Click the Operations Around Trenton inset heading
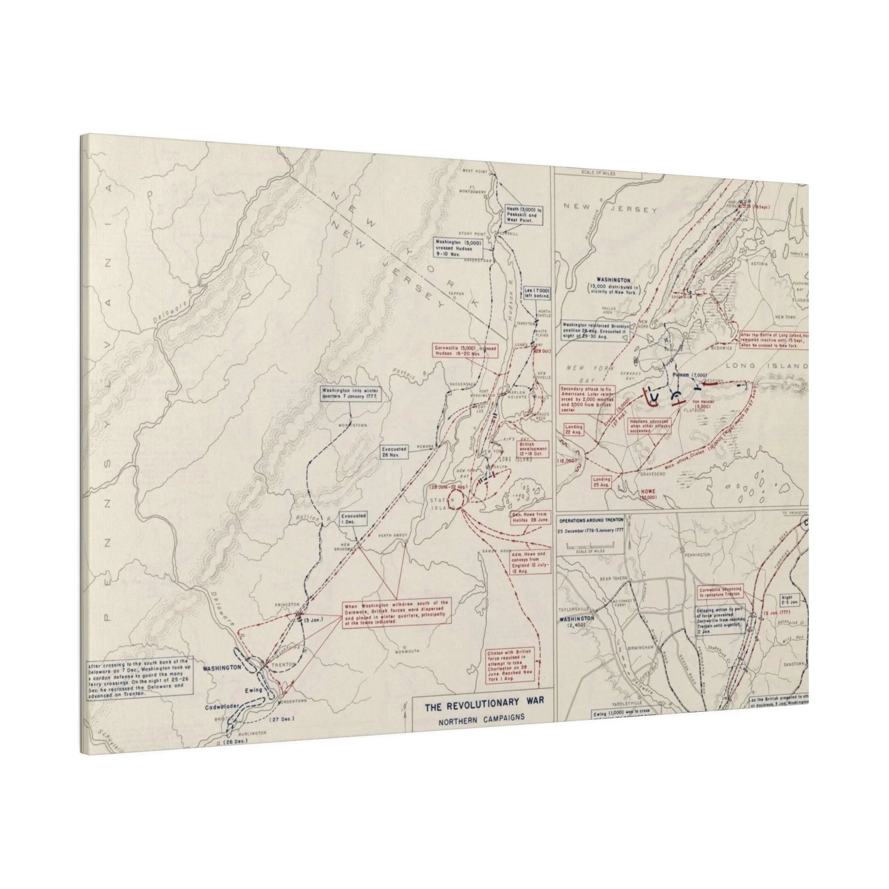(x=590, y=519)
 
